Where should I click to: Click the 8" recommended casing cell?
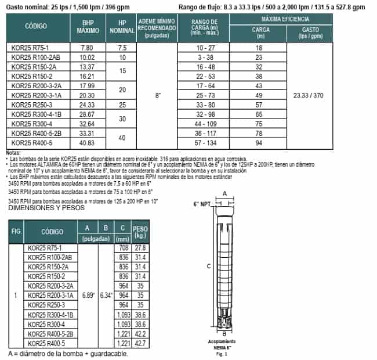pos(158,95)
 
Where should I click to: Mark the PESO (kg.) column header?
pos(140,232)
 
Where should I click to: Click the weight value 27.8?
pos(140,248)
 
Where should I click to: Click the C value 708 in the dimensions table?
pos(124,248)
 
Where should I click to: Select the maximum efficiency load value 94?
pos(259,143)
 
